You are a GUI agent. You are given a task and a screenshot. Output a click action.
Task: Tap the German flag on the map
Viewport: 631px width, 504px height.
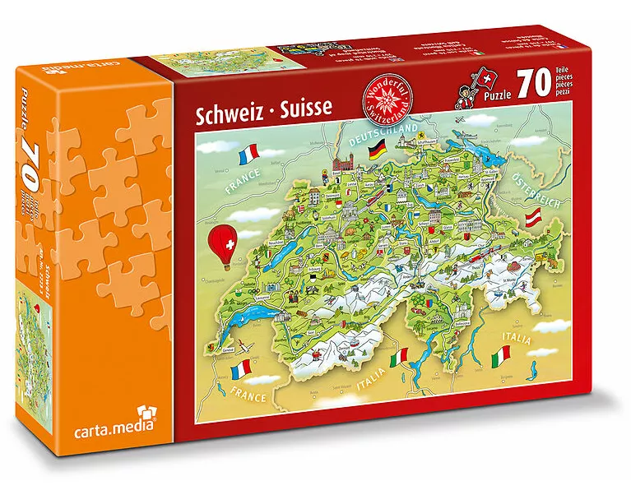click(377, 151)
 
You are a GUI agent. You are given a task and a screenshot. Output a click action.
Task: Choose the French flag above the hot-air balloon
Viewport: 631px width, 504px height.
click(246, 153)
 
